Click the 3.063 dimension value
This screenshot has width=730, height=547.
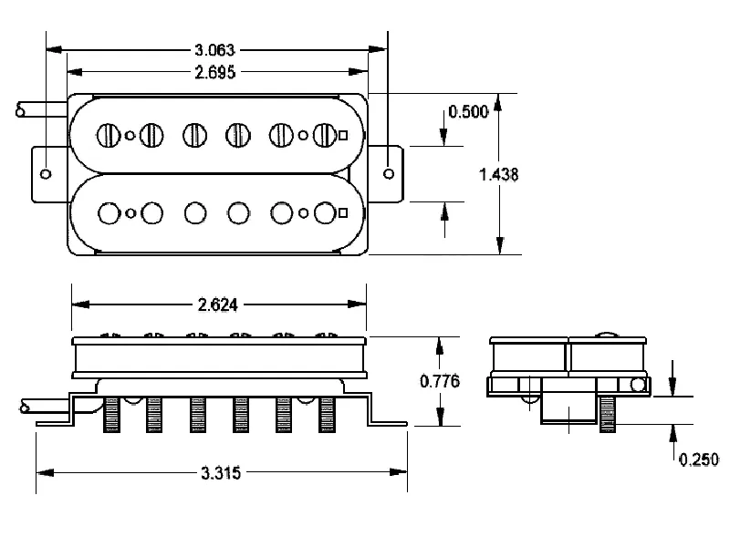coord(217,49)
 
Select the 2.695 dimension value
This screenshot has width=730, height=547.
coord(217,73)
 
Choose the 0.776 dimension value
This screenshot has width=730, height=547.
coord(440,381)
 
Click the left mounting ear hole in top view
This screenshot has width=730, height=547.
coord(47,172)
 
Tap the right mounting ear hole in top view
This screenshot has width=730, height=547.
coord(390,172)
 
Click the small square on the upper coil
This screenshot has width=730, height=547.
coord(343,136)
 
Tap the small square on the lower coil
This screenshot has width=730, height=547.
coord(343,213)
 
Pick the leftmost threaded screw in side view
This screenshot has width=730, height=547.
coord(113,415)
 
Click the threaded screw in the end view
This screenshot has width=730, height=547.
coord(608,416)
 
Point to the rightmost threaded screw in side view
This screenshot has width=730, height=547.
coord(327,415)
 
